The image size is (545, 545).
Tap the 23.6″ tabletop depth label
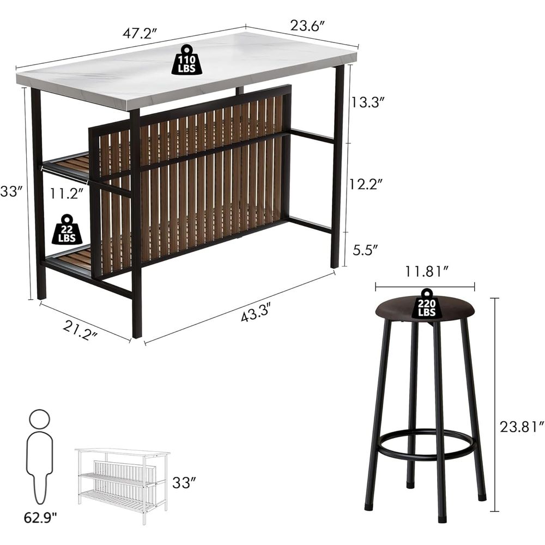click(x=307, y=26)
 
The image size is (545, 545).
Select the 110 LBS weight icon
click(x=186, y=59)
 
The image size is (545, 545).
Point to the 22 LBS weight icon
click(x=68, y=229)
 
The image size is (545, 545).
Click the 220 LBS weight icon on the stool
click(x=427, y=304)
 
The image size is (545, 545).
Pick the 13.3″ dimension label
click(x=367, y=102)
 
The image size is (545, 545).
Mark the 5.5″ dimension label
click(x=365, y=250)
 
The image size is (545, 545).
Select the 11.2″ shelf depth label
click(x=66, y=193)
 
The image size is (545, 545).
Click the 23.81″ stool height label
click(x=522, y=427)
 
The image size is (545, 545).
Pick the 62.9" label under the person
click(x=40, y=518)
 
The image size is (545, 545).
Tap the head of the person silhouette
click(x=40, y=419)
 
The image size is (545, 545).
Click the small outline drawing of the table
click(x=122, y=486)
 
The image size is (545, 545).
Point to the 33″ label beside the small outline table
click(x=184, y=482)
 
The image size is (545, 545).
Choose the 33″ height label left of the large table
click(x=11, y=191)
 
